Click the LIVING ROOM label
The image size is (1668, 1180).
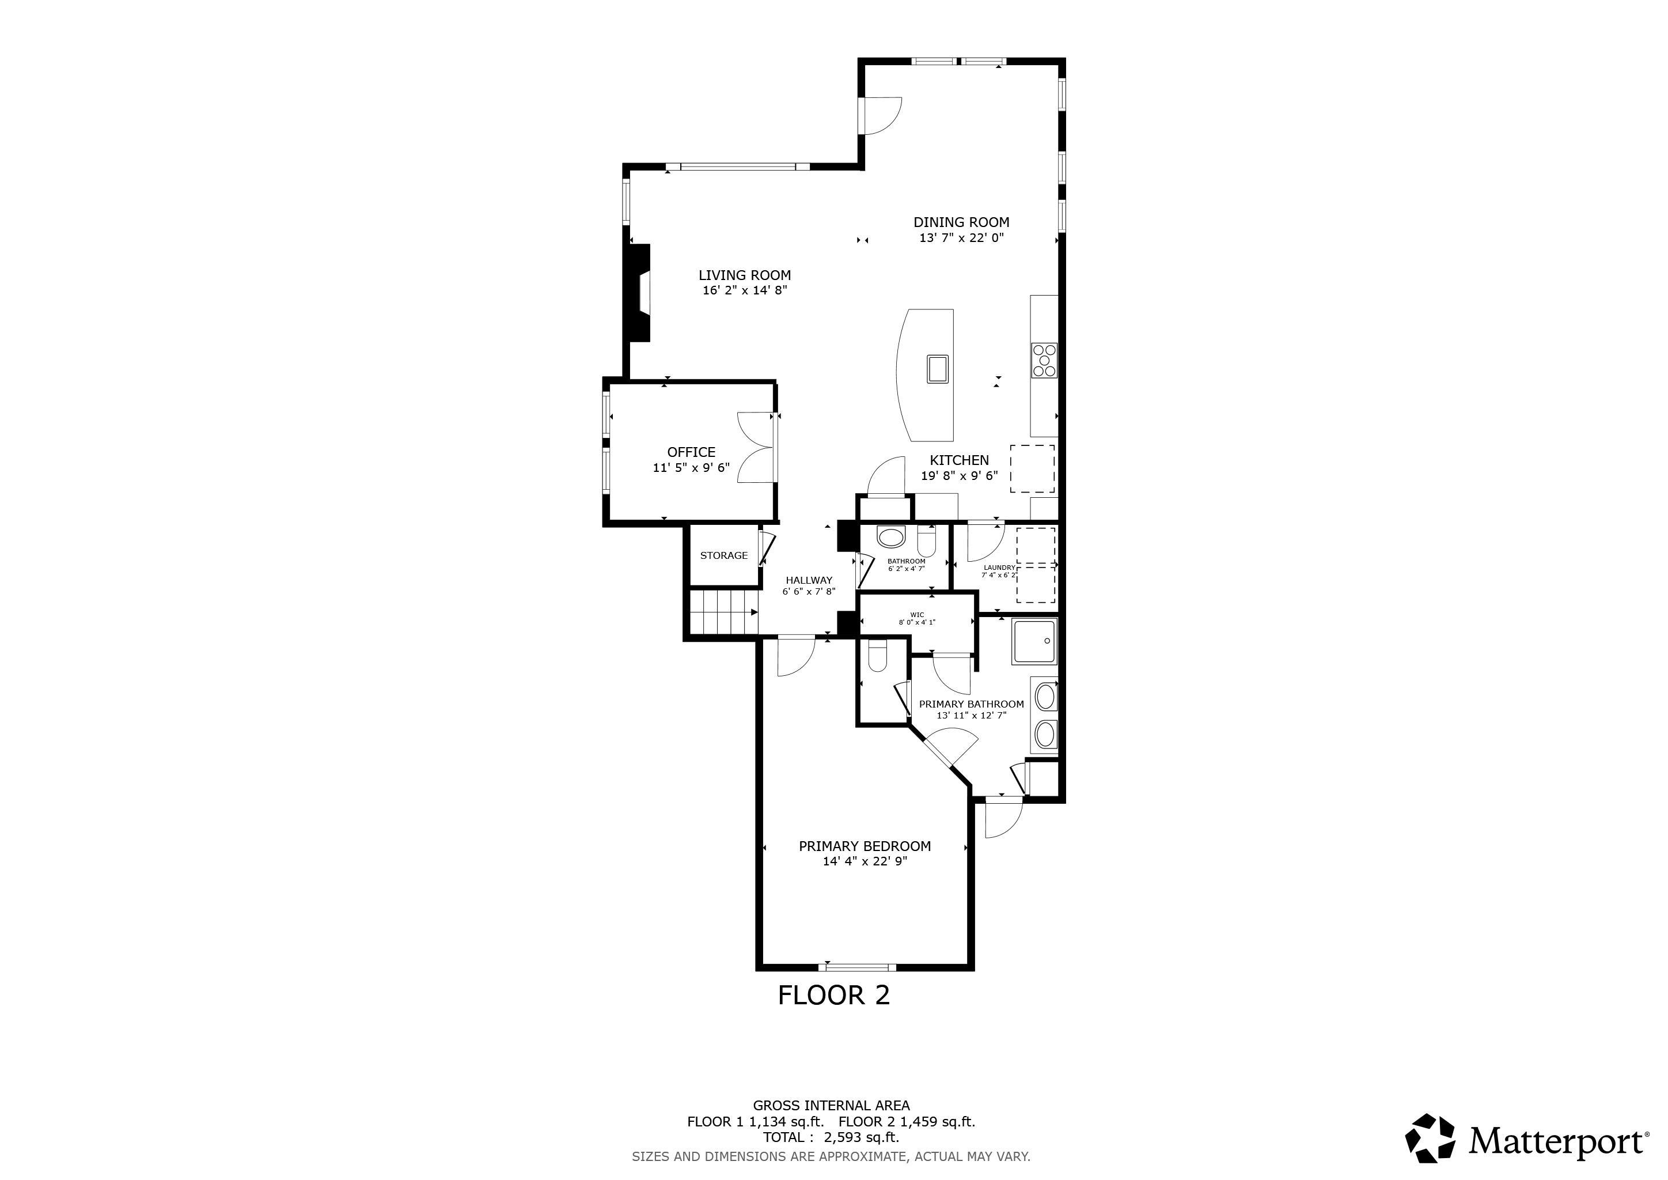click(745, 275)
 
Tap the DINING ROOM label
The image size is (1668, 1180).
click(961, 222)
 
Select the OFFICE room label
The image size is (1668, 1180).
click(692, 452)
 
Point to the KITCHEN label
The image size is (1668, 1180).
click(959, 460)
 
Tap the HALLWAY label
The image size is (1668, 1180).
click(809, 580)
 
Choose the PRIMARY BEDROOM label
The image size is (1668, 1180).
click(865, 846)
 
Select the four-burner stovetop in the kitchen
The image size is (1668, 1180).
click(1045, 360)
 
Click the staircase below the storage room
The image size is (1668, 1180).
click(723, 612)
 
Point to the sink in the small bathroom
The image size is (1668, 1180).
click(890, 538)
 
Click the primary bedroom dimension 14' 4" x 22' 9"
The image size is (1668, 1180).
click(865, 862)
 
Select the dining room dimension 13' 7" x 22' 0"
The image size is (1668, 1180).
click(961, 237)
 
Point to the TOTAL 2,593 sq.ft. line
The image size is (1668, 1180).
click(831, 1137)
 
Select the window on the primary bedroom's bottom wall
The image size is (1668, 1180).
click(857, 967)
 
